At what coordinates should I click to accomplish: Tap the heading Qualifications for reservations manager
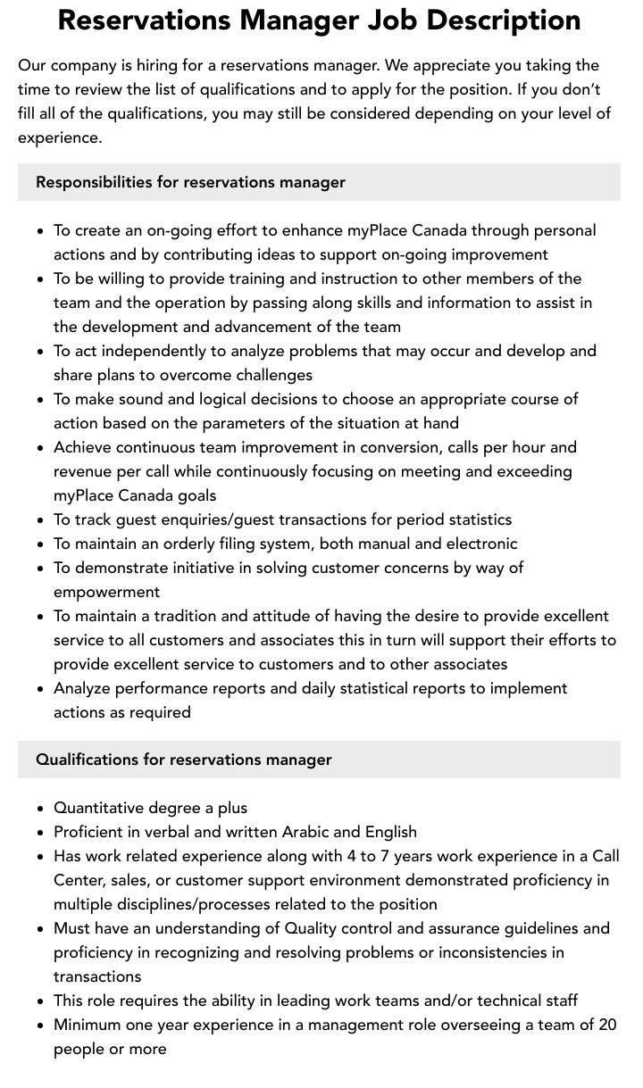tap(183, 760)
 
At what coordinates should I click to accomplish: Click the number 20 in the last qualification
tap(607, 1025)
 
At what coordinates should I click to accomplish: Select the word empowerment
tap(106, 592)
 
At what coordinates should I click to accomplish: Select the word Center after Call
tap(79, 880)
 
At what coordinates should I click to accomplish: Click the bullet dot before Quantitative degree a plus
tap(40, 809)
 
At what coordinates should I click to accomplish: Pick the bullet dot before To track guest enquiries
tap(40, 520)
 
